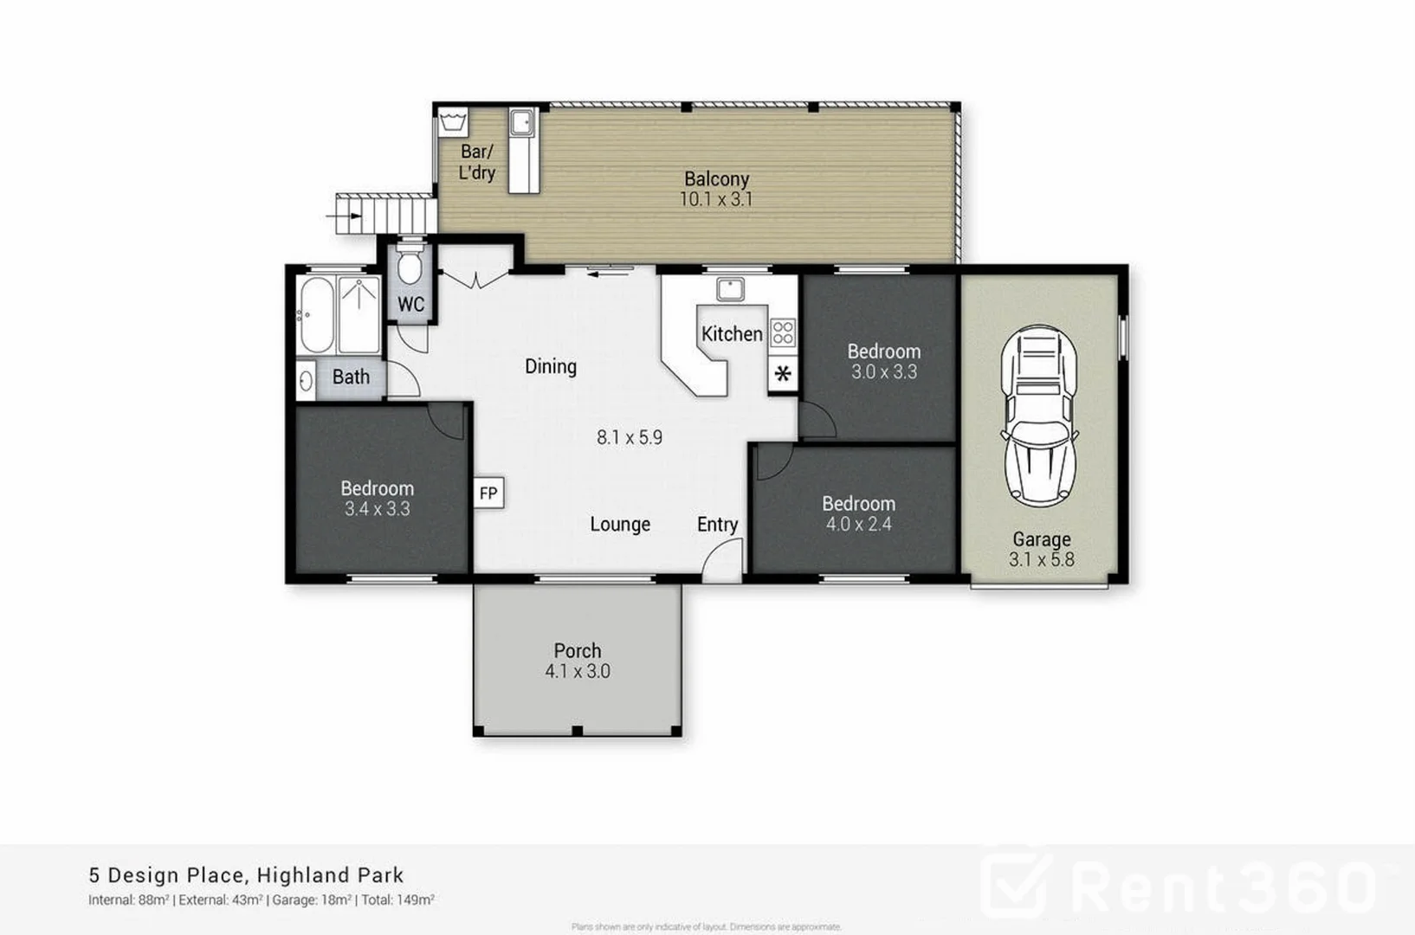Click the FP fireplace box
[488, 493]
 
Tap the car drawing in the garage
[1039, 416]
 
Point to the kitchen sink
[730, 288]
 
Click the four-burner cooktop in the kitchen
[783, 332]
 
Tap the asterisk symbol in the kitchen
[783, 375]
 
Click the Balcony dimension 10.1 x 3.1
[715, 199]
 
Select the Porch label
[578, 650]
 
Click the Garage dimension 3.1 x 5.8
[1041, 559]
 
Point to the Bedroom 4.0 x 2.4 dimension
[858, 524]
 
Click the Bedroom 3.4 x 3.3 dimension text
[377, 509]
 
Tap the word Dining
[551, 366]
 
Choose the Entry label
[717, 524]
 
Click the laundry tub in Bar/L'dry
[452, 122]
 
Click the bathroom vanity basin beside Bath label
[306, 379]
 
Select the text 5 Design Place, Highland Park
[246, 875]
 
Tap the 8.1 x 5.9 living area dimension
[630, 437]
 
